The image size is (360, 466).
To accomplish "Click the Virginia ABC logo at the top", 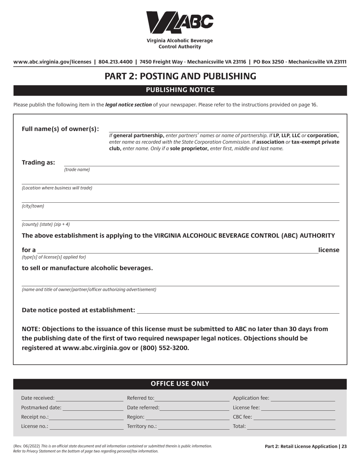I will coord(180,22).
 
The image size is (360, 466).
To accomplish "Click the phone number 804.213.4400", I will coord(115,62).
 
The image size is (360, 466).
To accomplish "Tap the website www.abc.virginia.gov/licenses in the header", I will coord(52,62).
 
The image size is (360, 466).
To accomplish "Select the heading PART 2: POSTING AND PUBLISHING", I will coord(180,76).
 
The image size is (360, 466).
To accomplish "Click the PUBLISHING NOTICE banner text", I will coord(180,90).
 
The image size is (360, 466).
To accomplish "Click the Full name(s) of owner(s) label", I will coord(60,129).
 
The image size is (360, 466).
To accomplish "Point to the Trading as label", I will coord(38,163).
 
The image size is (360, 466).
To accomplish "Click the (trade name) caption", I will coord(77,170).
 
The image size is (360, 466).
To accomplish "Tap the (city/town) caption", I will coord(33,206).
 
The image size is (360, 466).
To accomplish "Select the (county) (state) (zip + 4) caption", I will coord(46,224).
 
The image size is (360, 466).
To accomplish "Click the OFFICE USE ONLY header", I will coord(180,384).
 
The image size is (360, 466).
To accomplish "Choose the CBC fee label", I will coord(242,417).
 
